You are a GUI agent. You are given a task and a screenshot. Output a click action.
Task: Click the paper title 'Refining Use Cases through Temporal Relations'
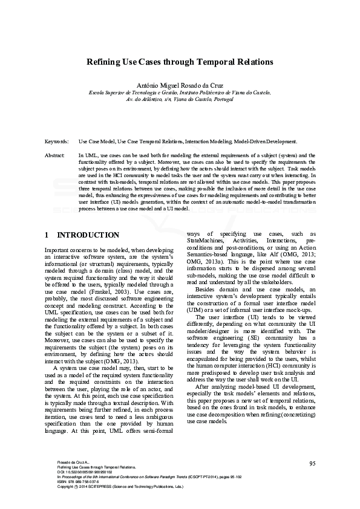pos(180,62)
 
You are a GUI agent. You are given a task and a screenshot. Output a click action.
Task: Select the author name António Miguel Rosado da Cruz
pos(180,85)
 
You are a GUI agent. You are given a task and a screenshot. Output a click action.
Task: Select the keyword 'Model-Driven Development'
pos(265,141)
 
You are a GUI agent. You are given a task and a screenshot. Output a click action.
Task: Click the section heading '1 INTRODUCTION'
pos(82,235)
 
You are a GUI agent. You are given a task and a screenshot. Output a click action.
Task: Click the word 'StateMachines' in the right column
pos(206,241)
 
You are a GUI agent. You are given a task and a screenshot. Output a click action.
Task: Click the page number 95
pos(312,463)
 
